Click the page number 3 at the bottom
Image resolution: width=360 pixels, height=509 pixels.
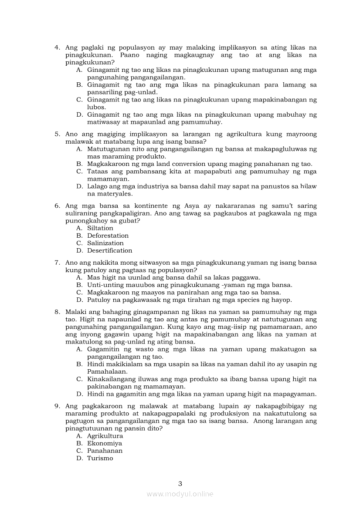point(180,483)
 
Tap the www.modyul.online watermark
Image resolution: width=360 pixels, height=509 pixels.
point(180,494)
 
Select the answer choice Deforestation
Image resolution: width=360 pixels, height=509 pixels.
point(108,236)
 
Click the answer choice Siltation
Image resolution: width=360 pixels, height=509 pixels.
point(100,228)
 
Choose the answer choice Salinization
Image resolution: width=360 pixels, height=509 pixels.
point(105,243)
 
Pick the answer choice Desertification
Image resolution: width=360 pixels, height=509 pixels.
point(109,250)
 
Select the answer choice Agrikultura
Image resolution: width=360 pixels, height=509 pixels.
point(105,436)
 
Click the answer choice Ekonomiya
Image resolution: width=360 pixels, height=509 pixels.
point(104,443)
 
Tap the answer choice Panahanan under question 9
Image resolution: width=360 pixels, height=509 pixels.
point(105,451)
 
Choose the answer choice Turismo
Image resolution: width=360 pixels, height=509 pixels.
point(100,458)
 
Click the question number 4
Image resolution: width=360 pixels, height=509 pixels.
point(57,47)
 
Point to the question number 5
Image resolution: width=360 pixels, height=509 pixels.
point(57,134)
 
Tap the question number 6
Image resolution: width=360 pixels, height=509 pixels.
point(57,206)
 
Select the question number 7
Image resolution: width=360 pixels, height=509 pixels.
point(57,263)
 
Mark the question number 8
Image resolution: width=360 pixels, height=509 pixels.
point(57,312)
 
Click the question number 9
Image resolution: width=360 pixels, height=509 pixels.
point(57,406)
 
